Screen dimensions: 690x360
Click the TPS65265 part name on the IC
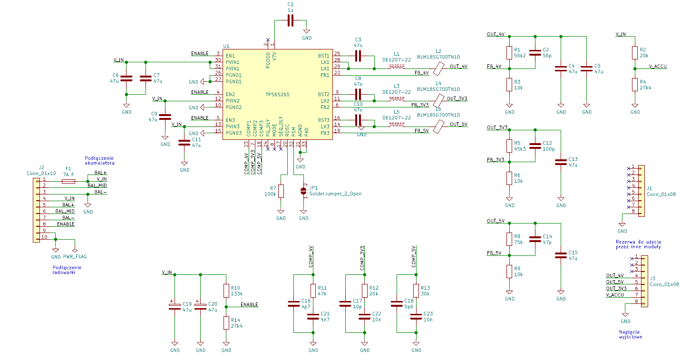point(278,95)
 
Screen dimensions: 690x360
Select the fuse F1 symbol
point(68,181)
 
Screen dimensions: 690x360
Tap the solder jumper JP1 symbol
point(303,191)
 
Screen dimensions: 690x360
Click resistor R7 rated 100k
point(281,191)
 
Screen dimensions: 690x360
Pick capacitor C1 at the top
point(291,20)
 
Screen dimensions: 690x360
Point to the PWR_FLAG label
point(75,256)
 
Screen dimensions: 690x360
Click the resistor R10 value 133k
point(236,294)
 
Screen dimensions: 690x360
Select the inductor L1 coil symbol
point(397,66)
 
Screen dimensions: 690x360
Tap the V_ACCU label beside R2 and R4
point(658,66)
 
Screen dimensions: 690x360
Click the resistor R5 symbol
point(509,146)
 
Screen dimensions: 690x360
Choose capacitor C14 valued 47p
point(535,239)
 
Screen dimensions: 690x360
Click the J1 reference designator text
point(649,188)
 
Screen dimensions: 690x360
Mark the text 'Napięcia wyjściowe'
point(630,334)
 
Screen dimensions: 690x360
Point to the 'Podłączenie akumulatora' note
point(99,160)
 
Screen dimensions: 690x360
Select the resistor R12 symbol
point(365,291)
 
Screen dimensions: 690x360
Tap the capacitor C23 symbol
point(416,316)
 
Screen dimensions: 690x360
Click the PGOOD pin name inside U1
point(268,60)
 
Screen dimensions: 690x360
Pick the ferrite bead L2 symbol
point(438,68)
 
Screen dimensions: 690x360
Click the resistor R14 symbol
point(226,323)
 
